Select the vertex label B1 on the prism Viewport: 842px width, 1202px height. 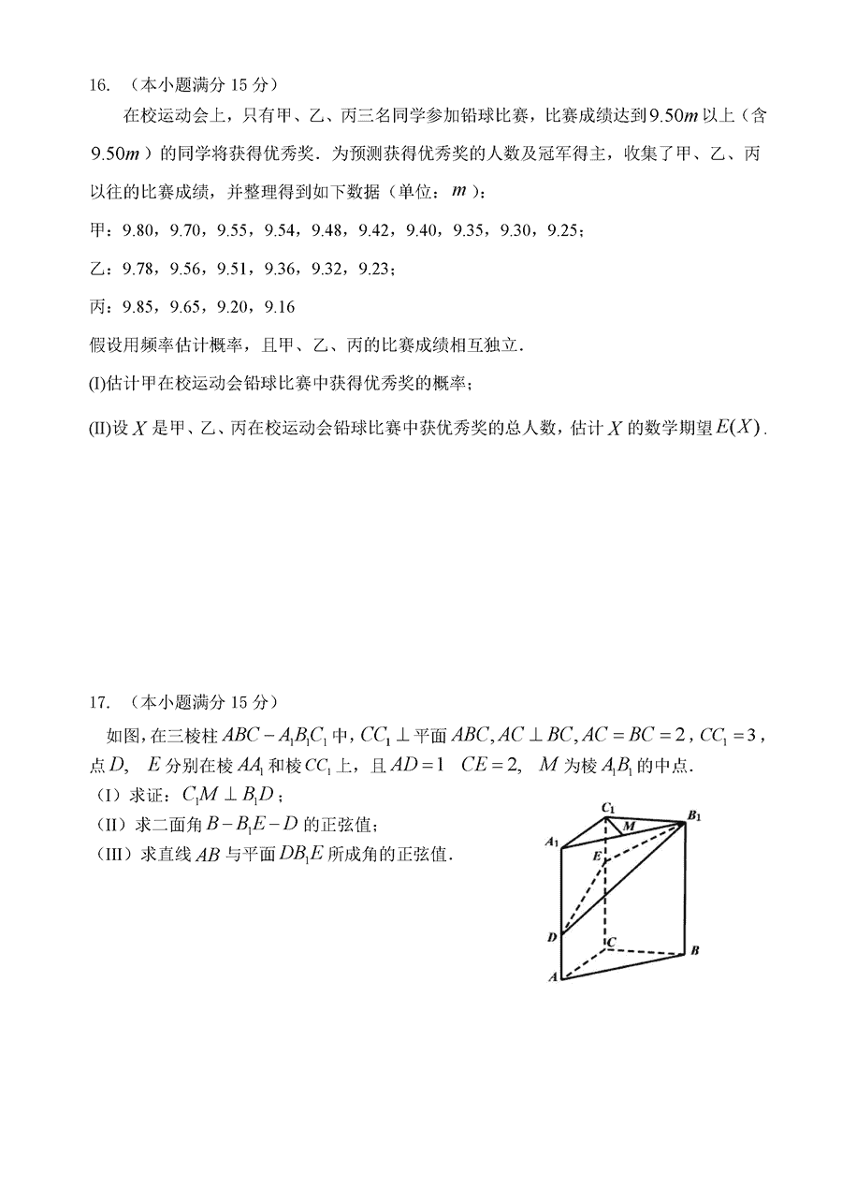click(693, 815)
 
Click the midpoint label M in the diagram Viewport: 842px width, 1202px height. click(629, 826)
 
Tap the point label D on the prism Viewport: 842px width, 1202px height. click(552, 935)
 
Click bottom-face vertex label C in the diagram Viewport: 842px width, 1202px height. click(612, 941)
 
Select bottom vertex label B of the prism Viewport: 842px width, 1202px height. click(695, 952)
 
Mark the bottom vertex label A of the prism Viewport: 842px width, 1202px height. click(552, 977)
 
